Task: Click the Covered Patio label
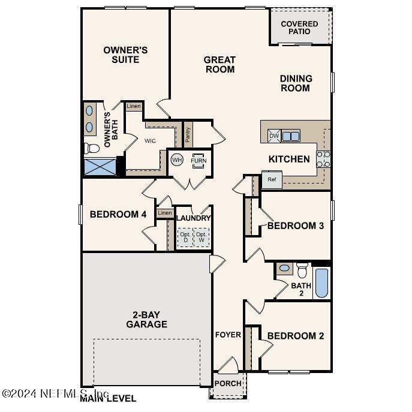[x=299, y=28]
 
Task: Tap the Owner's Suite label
[x=125, y=55]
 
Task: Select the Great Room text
[x=219, y=64]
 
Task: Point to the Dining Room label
[x=296, y=83]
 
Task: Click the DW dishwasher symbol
[x=273, y=136]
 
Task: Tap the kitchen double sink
[x=291, y=136]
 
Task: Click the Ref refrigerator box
[x=272, y=179]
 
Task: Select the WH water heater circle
[x=176, y=160]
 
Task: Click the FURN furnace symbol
[x=197, y=161]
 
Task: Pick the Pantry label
[x=188, y=134]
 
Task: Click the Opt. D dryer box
[x=185, y=237]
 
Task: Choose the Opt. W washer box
[x=202, y=237]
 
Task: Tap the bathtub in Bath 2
[x=321, y=283]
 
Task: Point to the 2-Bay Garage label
[x=146, y=320]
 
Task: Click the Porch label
[x=227, y=383]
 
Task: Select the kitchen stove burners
[x=323, y=159]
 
